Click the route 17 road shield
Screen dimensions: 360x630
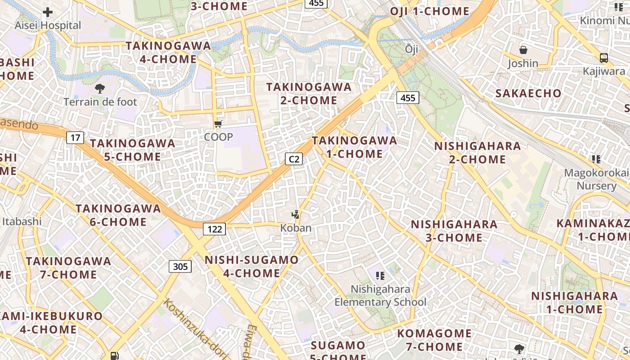pyautogui.click(x=75, y=137)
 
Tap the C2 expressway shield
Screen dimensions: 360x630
pyautogui.click(x=294, y=159)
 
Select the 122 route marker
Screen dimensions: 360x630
pyautogui.click(x=214, y=229)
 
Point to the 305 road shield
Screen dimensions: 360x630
pyautogui.click(x=180, y=266)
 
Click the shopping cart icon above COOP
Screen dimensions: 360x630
pyautogui.click(x=218, y=124)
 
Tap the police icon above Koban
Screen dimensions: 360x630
pyautogui.click(x=296, y=215)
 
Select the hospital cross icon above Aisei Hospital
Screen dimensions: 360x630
pyautogui.click(x=48, y=12)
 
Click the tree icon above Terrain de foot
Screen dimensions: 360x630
pyautogui.click(x=99, y=89)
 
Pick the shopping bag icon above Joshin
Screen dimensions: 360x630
pyautogui.click(x=523, y=50)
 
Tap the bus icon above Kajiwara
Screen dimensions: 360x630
pyautogui.click(x=604, y=58)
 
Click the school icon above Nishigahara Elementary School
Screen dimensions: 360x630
pyautogui.click(x=380, y=275)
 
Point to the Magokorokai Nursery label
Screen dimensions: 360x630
pyautogui.click(x=597, y=179)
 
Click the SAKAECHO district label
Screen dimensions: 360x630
pyautogui.click(x=528, y=94)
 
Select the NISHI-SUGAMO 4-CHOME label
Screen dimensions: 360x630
pyautogui.click(x=252, y=266)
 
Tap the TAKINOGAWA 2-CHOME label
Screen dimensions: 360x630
pyautogui.click(x=309, y=94)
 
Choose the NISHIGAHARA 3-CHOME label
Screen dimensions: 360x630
pyautogui.click(x=454, y=231)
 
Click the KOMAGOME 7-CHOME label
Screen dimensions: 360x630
pyautogui.click(x=434, y=340)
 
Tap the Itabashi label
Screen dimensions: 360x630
pyautogui.click(x=22, y=221)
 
